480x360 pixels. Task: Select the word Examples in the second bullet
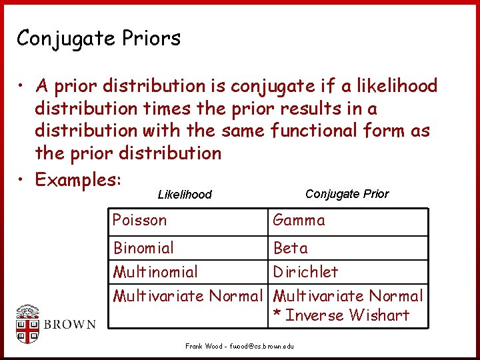(x=75, y=179)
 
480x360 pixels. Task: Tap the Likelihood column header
(x=185, y=195)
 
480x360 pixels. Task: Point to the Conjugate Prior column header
(x=347, y=194)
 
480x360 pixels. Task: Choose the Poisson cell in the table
(x=140, y=221)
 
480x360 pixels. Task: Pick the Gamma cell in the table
(x=299, y=221)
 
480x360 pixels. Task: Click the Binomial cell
(x=143, y=248)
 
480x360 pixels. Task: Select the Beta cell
(x=291, y=248)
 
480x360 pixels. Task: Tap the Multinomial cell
(x=155, y=272)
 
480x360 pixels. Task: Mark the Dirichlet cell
(x=306, y=272)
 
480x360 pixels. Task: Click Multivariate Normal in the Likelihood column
(x=188, y=296)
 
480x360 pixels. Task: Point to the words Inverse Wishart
(x=347, y=315)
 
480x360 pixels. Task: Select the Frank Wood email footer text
(x=239, y=347)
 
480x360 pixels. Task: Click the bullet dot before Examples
(x=22, y=180)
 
